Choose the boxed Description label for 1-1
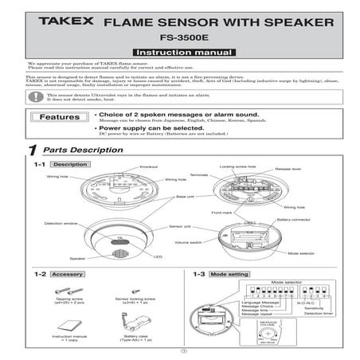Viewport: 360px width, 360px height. (71, 164)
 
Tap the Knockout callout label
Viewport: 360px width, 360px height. (148, 166)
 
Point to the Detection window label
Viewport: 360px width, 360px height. (59, 224)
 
